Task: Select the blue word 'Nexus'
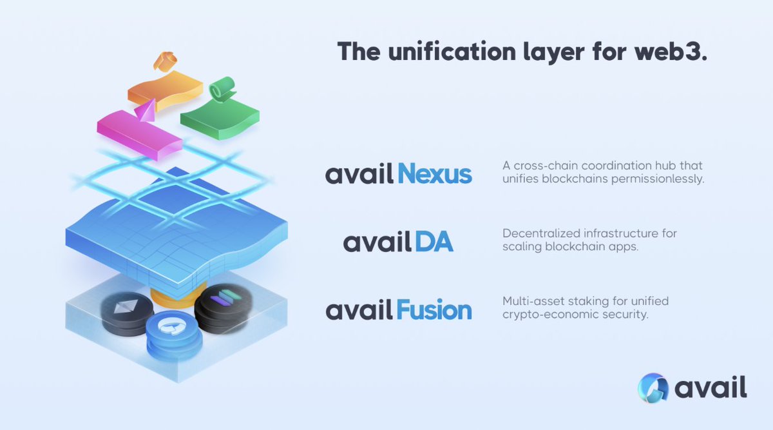[x=435, y=174]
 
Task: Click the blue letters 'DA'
[x=433, y=242]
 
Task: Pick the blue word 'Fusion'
[x=434, y=310]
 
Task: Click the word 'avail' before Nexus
[x=359, y=175]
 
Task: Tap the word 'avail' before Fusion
[x=359, y=311]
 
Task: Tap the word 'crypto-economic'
[x=544, y=315]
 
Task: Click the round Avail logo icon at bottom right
[x=654, y=388]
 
